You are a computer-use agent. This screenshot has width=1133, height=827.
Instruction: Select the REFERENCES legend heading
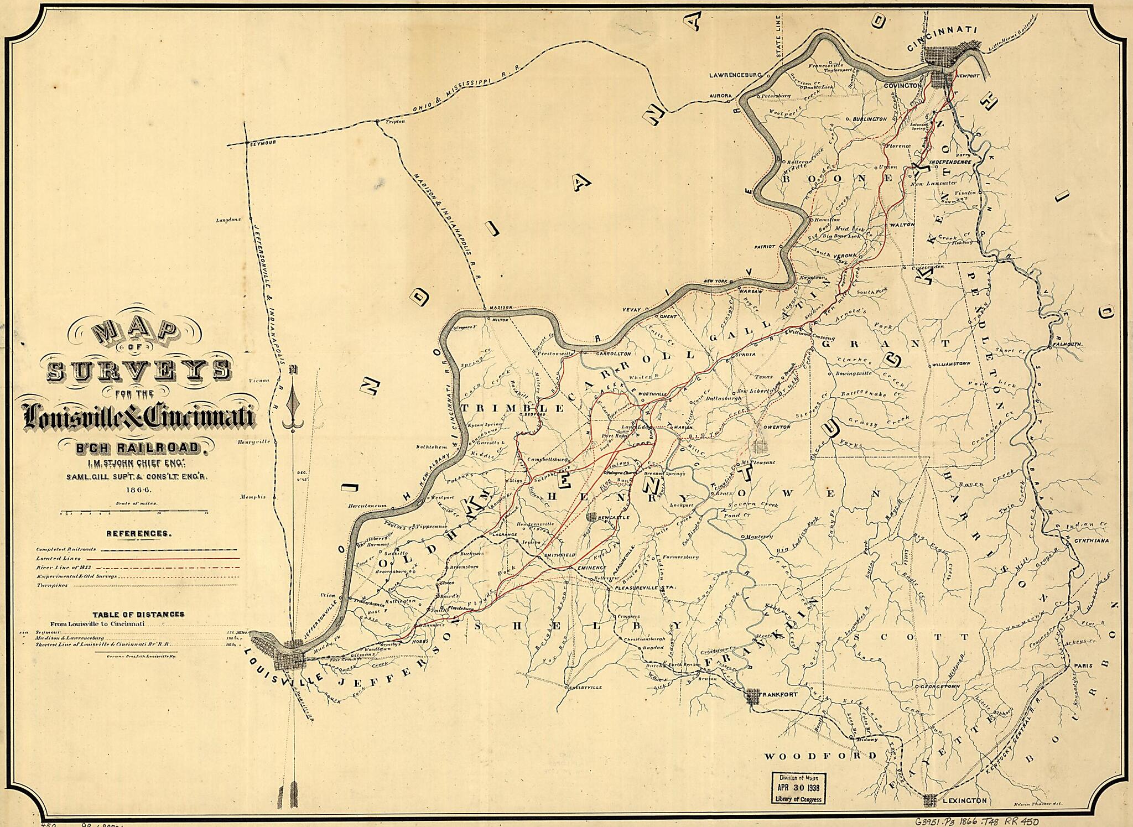pos(138,534)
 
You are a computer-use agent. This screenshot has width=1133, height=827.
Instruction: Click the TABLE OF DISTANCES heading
pos(138,614)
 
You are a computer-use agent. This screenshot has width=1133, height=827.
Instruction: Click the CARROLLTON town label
pos(612,353)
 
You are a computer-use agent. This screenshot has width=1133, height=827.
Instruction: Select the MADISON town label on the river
pos(502,308)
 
